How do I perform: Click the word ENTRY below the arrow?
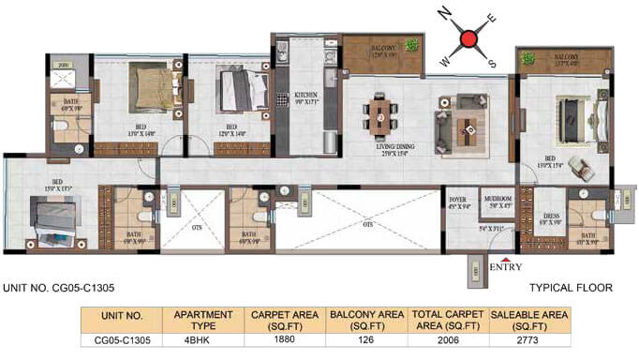point(506,268)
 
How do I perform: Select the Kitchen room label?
point(307,96)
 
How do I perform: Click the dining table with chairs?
point(381,116)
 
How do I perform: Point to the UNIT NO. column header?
point(121,317)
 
